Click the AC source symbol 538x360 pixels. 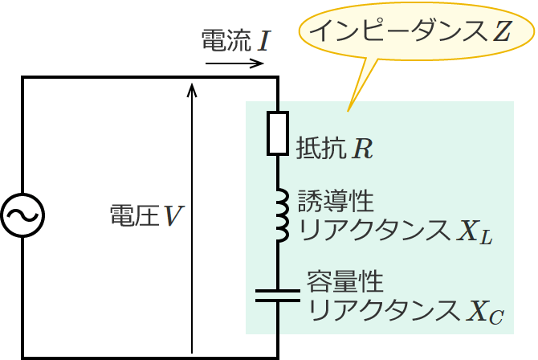coord(22,215)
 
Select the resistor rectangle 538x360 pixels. coord(277,133)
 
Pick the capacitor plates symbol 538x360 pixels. coord(277,295)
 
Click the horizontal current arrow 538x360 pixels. coord(234,63)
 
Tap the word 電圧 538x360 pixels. coord(132,215)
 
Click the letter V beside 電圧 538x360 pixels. coord(173,215)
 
